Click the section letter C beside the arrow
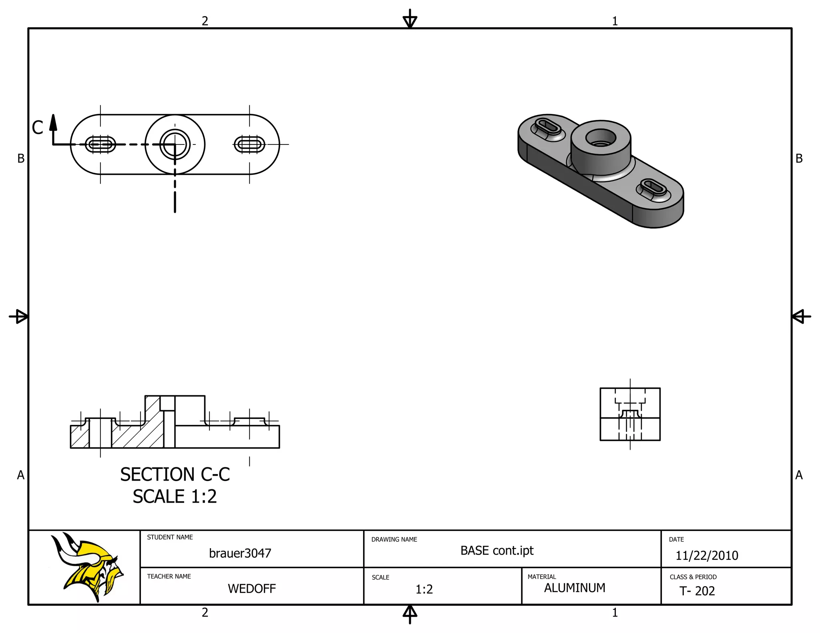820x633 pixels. pyautogui.click(x=38, y=128)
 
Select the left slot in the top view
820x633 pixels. pyautogui.click(x=100, y=144)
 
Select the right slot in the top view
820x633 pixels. pyautogui.click(x=249, y=144)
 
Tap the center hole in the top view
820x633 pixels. pyautogui.click(x=175, y=144)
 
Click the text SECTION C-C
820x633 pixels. pyautogui.click(x=175, y=475)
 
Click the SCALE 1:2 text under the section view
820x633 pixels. pyautogui.click(x=175, y=497)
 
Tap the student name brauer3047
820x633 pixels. pyautogui.click(x=240, y=553)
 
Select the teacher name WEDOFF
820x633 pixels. pyautogui.click(x=251, y=589)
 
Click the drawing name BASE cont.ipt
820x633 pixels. pyautogui.click(x=497, y=551)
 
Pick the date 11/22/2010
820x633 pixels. pyautogui.click(x=707, y=556)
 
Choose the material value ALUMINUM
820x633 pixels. pyautogui.click(x=575, y=588)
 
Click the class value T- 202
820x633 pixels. pyautogui.click(x=697, y=591)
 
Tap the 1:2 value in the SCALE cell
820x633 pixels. pyautogui.click(x=424, y=589)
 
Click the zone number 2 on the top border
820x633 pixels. pyautogui.click(x=205, y=21)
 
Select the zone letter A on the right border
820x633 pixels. pyautogui.click(x=799, y=475)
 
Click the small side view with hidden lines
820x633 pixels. pyautogui.click(x=630, y=414)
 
